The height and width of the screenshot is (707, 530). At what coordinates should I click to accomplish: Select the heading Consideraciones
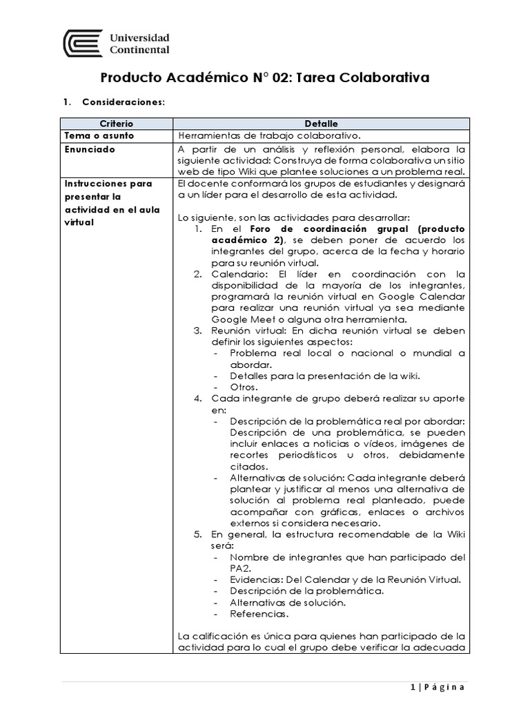click(x=123, y=102)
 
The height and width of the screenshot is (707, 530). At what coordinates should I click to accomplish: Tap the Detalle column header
click(x=321, y=124)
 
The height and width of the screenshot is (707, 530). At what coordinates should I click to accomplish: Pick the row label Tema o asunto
click(x=99, y=135)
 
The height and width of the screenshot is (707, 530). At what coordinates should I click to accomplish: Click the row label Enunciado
click(x=90, y=148)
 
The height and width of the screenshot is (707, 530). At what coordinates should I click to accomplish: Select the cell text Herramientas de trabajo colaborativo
click(x=269, y=135)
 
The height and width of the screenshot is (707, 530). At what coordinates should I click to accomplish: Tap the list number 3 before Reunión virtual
click(x=197, y=331)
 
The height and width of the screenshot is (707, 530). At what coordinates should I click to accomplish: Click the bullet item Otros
click(x=244, y=387)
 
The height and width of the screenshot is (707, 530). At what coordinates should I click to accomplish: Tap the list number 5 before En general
click(x=197, y=534)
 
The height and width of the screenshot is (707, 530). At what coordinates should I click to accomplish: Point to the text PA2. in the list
click(x=240, y=568)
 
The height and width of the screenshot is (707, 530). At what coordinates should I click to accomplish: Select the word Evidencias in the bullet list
click(x=255, y=579)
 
